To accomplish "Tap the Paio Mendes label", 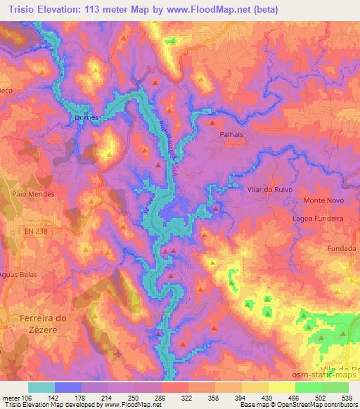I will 28,193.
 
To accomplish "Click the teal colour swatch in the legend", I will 41,387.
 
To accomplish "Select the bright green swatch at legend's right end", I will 335,387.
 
